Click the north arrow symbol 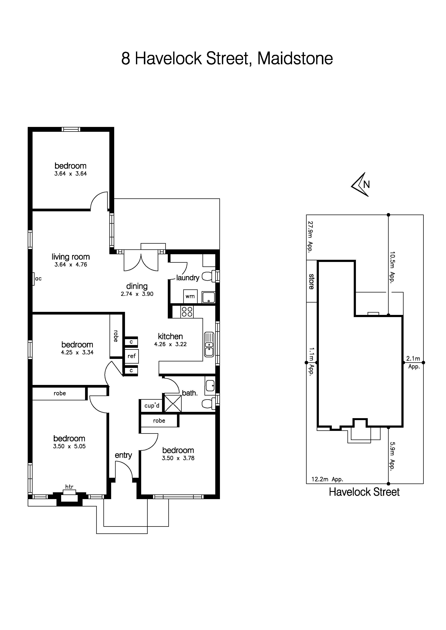(x=361, y=184)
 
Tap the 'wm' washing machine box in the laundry (x=190, y=296)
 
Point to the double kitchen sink (x=209, y=345)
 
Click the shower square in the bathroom (x=173, y=403)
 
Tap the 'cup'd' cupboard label (x=152, y=406)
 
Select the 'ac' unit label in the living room (x=38, y=279)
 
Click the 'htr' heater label (x=69, y=487)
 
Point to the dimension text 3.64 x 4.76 (x=71, y=265)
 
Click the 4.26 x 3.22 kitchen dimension (x=170, y=344)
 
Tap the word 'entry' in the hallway (x=123, y=455)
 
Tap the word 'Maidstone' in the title (x=295, y=59)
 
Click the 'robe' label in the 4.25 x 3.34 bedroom (x=116, y=336)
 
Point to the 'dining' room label (x=137, y=286)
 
